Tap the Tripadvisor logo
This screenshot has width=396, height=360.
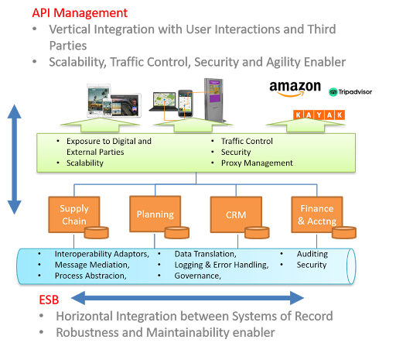pos(350,92)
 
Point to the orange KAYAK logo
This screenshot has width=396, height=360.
pos(318,115)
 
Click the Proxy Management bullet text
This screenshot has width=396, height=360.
pos(257,163)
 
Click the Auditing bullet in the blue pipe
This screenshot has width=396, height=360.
pos(312,254)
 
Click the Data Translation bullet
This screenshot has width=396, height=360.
pos(205,254)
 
